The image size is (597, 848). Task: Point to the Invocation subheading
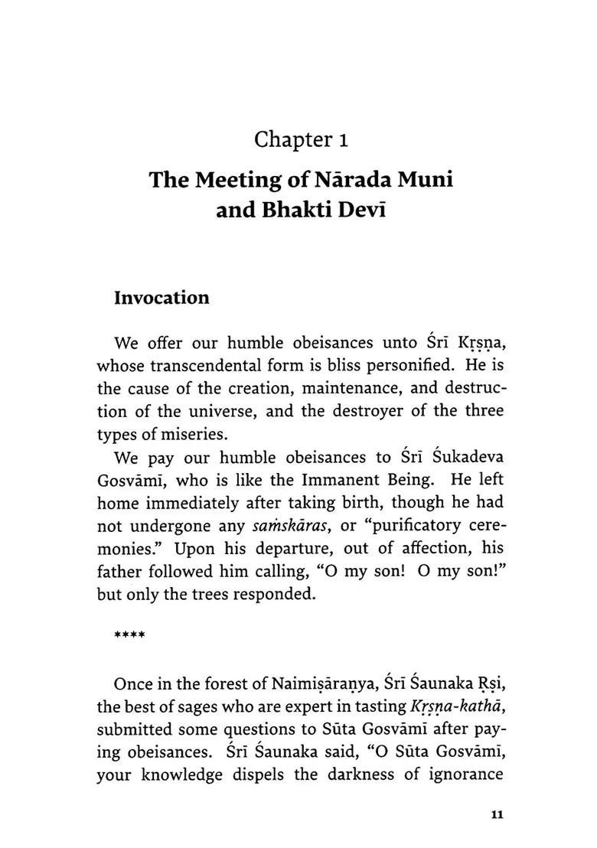tap(161, 298)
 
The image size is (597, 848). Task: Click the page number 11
tap(495, 814)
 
